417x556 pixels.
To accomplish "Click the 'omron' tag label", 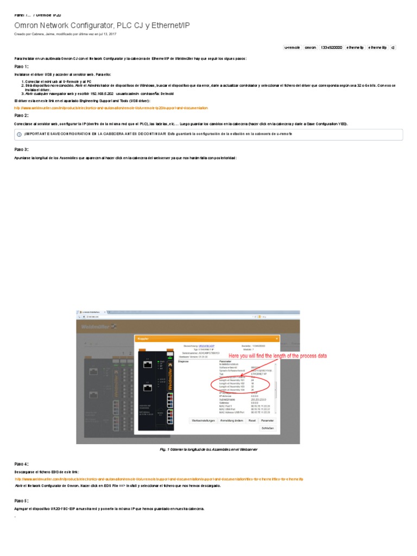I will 310,47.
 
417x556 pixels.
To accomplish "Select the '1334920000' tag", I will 331,47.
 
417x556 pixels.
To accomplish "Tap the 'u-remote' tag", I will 292,47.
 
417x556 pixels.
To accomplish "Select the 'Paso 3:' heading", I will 21,149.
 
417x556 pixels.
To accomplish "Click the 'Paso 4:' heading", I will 21,464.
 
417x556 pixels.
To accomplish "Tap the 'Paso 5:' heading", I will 21,500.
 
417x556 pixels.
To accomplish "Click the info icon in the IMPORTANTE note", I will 19,134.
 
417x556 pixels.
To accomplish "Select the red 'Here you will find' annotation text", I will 277,356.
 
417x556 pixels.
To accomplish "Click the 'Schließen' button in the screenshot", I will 267,428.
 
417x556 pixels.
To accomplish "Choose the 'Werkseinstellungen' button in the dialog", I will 203,420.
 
